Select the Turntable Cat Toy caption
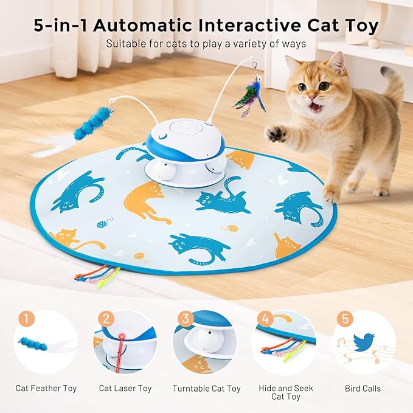pos(206,388)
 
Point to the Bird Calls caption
pos(364,388)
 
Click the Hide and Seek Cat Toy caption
pos(285,392)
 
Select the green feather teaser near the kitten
pos(249,98)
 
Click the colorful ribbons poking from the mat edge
pos(91,277)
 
